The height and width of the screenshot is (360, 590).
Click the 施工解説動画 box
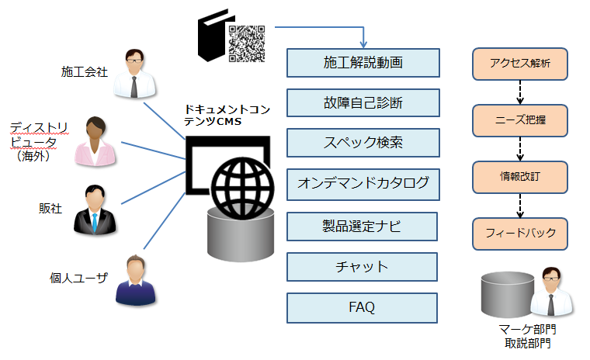[363, 63]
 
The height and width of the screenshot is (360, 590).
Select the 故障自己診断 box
[363, 103]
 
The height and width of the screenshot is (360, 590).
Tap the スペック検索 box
[363, 144]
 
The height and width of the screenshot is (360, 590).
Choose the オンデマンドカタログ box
[363, 184]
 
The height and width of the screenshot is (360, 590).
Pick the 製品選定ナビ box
[363, 226]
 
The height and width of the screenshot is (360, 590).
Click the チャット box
[363, 267]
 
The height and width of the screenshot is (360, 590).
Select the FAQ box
[363, 307]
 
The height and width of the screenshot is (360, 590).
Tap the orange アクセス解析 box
[521, 64]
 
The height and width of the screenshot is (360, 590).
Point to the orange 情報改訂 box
[521, 176]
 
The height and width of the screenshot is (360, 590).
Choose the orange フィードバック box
[521, 232]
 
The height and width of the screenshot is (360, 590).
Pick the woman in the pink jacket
[95, 141]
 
